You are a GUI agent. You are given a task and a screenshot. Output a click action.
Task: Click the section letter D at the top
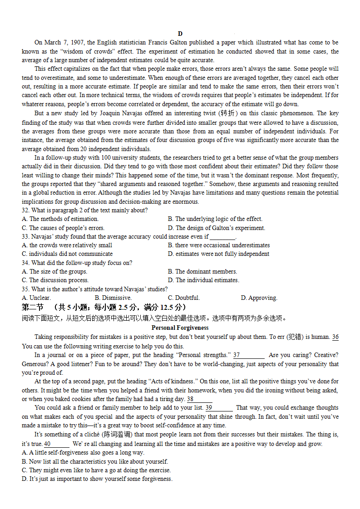pos(180,34)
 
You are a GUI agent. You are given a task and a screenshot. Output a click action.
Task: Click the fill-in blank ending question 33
pos(222,237)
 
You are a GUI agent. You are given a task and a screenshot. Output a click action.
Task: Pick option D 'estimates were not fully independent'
pos(218,254)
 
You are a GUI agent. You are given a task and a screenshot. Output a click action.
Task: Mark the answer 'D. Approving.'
pos(259,298)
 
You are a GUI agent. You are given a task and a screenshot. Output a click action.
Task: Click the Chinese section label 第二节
pos(32,308)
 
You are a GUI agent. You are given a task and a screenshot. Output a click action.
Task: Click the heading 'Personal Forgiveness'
pos(180,328)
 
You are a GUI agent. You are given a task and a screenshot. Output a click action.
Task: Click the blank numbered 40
pos(56,444)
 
